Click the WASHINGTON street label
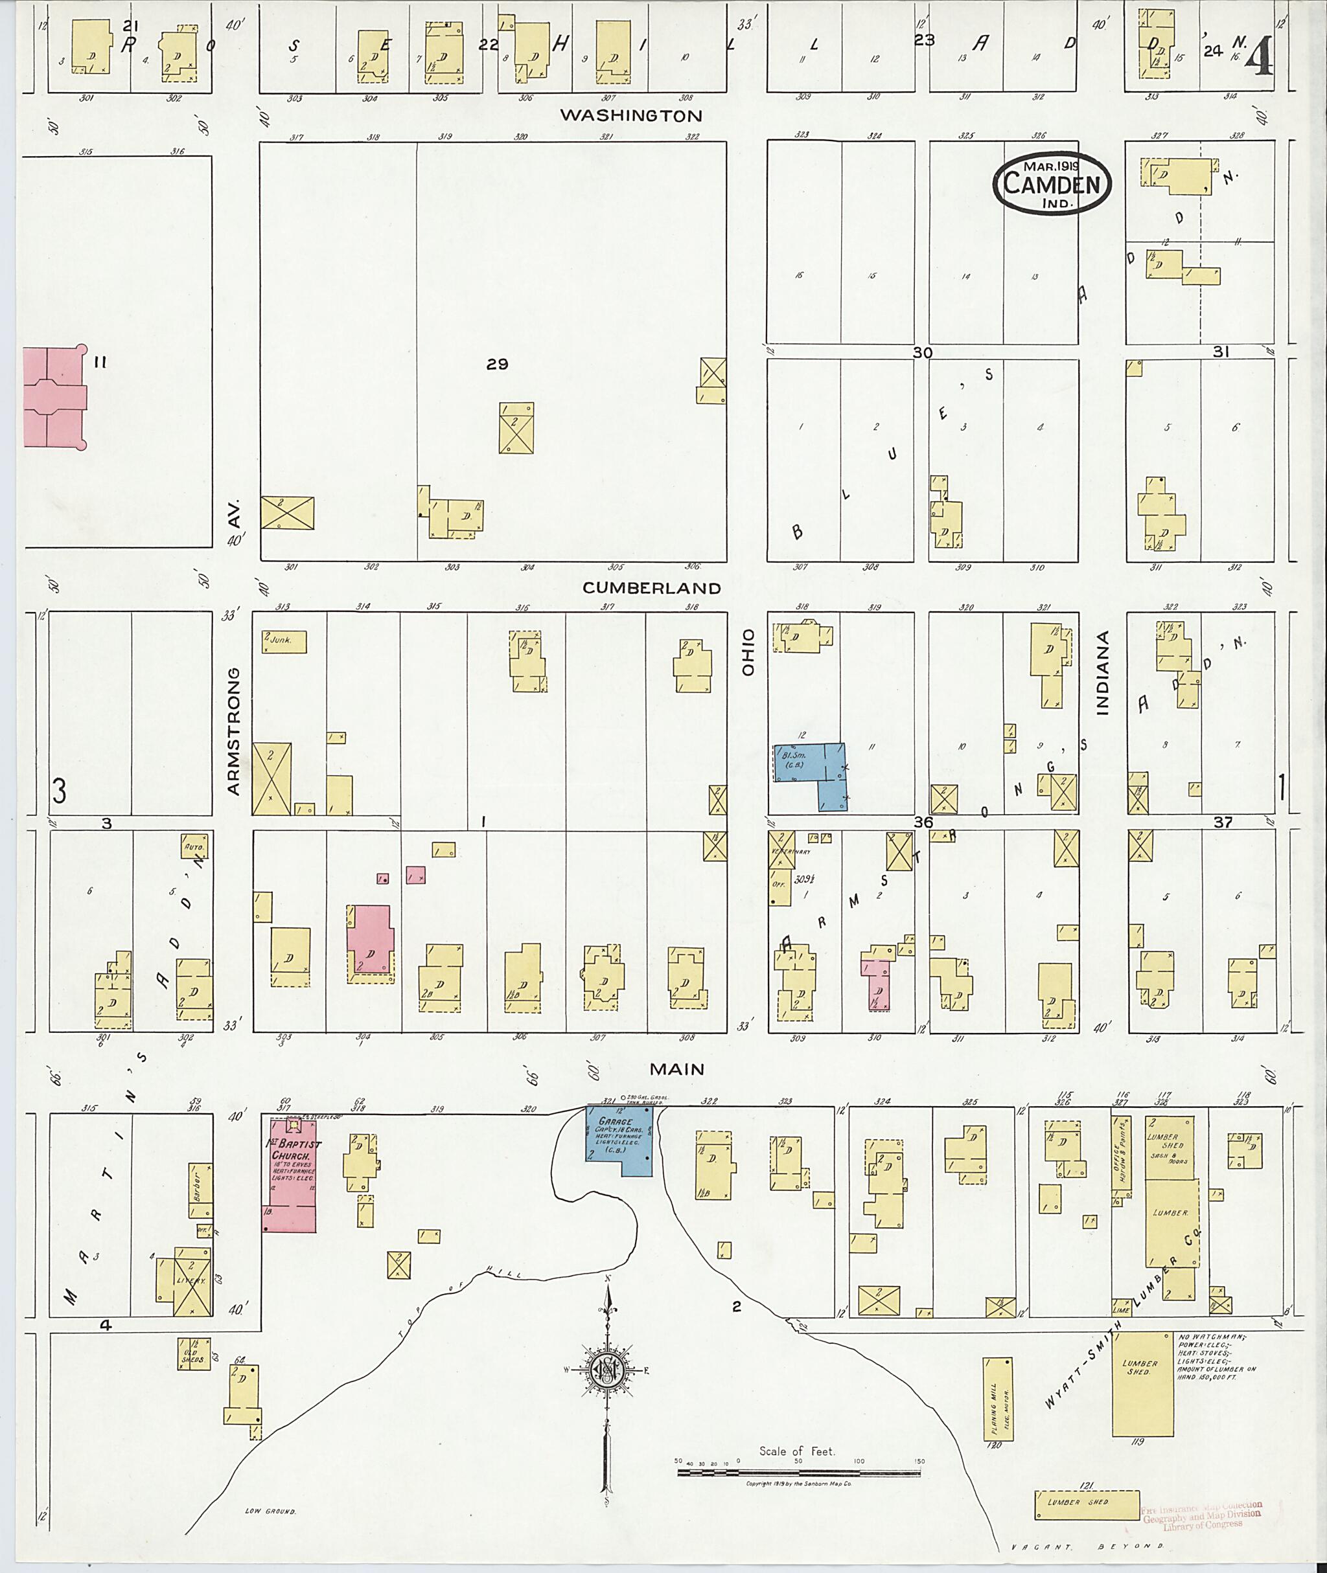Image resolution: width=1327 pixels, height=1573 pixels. click(x=641, y=116)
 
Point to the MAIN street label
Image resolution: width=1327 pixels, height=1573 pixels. click(x=677, y=1069)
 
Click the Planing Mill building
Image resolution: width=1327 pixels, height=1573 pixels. click(x=997, y=1399)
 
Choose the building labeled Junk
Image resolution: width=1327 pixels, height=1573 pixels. click(x=283, y=641)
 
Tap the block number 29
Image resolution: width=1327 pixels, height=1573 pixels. click(x=497, y=365)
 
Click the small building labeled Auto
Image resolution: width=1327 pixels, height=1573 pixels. click(x=193, y=846)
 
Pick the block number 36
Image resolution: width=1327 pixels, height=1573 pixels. click(x=923, y=822)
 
